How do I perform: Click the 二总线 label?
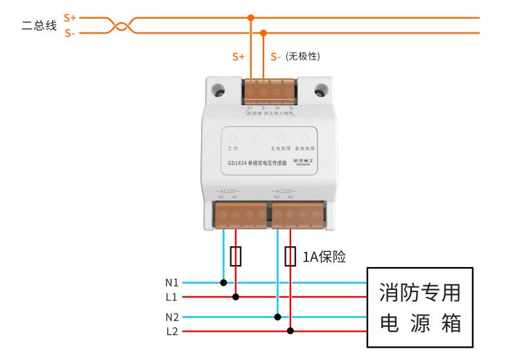[x=40, y=26]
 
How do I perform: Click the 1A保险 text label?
[x=324, y=257]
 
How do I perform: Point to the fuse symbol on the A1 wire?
[x=236, y=257]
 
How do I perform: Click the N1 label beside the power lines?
[x=172, y=283]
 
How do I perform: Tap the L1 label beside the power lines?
[x=172, y=297]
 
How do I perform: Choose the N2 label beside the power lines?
[x=172, y=317]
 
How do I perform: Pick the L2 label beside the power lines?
[x=172, y=331]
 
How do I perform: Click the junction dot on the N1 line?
[x=223, y=283]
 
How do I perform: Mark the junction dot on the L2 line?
[x=290, y=331]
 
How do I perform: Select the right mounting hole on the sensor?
[x=320, y=91]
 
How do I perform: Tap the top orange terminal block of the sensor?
[x=270, y=92]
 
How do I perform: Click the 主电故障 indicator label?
[x=280, y=148]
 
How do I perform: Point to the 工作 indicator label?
[x=233, y=148]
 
